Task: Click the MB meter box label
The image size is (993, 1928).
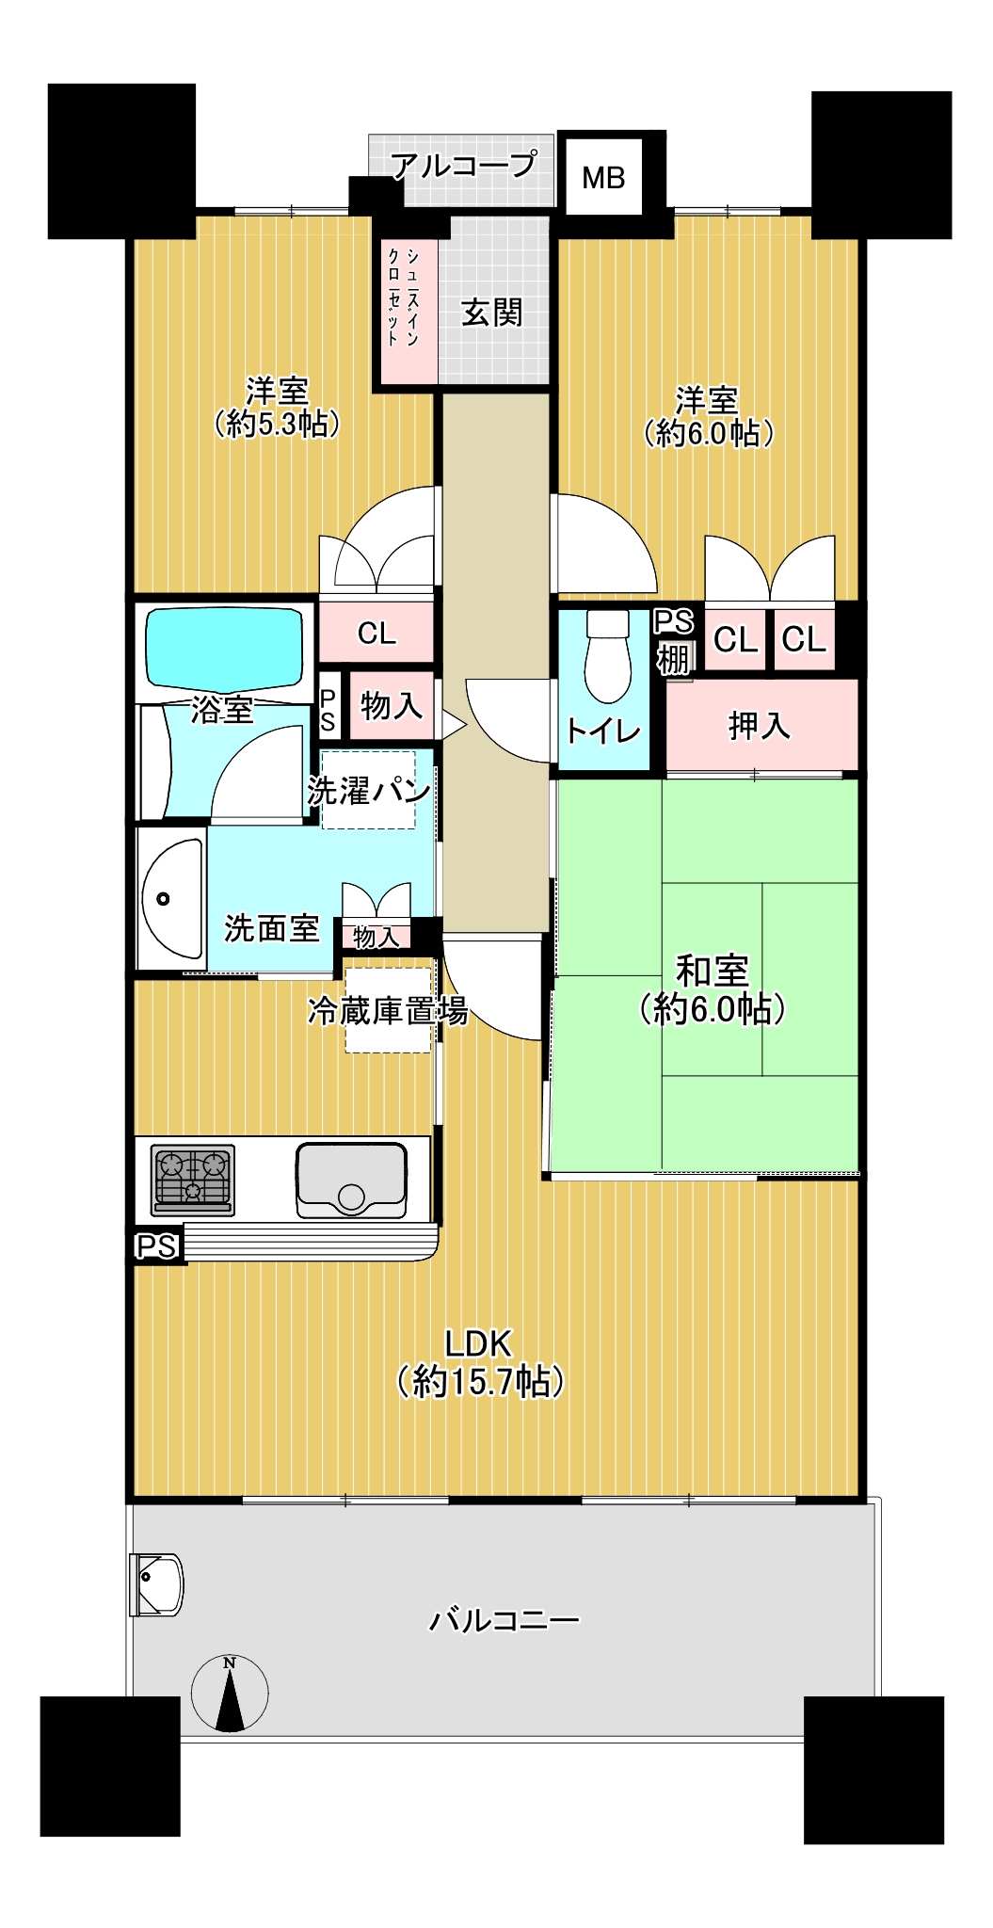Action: [x=603, y=177]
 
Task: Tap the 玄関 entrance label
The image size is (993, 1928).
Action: [x=491, y=313]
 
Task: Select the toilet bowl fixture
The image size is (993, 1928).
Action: [x=607, y=656]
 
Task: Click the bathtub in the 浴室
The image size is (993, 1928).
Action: [x=223, y=651]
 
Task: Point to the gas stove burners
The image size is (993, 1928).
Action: [x=193, y=1177]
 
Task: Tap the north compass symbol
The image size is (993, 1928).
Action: [x=230, y=1693]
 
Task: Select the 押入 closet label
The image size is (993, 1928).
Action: [x=760, y=725]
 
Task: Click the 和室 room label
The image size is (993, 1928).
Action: [x=713, y=970]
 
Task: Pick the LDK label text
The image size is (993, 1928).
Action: [x=478, y=1342]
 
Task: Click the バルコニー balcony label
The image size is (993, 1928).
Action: [x=505, y=1620]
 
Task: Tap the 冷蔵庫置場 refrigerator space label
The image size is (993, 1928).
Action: [x=388, y=1011]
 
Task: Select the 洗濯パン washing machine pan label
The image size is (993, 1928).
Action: [x=369, y=790]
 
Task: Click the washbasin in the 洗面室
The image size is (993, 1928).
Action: [x=172, y=897]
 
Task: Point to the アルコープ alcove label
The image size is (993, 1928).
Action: [x=464, y=166]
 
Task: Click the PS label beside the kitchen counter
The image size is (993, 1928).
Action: [x=156, y=1246]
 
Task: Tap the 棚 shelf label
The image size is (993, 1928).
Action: [x=673, y=658]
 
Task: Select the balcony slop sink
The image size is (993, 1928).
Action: [x=157, y=1583]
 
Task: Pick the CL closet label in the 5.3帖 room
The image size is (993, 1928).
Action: [x=376, y=634]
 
